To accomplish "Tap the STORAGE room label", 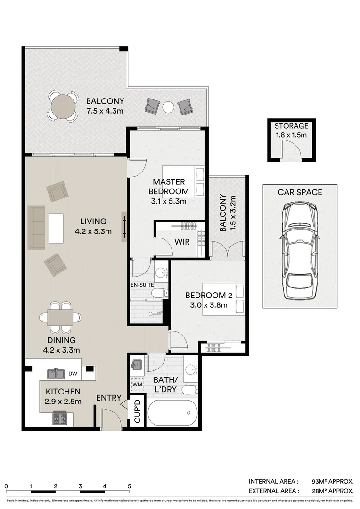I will coord(292,126).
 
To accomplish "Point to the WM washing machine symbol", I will coord(138,385).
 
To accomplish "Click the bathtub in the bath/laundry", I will coord(172,413).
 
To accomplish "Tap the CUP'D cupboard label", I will coord(138,411).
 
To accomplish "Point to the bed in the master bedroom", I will coord(184,181).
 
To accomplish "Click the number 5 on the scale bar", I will coord(129,486).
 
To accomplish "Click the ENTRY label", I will coord(109,398).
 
